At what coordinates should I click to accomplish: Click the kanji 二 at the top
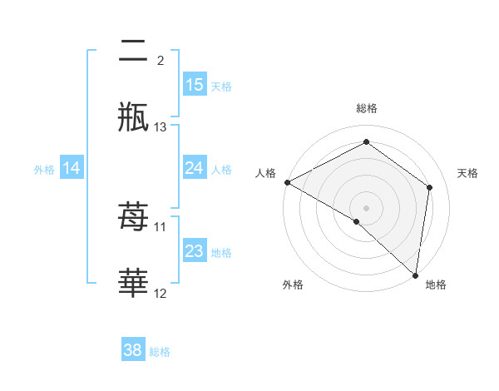(x=133, y=52)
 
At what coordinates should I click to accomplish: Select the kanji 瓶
(x=133, y=117)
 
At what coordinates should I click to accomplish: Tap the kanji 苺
(x=133, y=217)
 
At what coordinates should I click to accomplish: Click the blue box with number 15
(x=194, y=85)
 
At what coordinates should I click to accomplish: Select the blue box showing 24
(x=194, y=168)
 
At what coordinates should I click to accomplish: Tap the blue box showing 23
(x=194, y=251)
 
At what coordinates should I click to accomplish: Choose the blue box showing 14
(x=72, y=168)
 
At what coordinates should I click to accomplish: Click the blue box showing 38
(x=132, y=350)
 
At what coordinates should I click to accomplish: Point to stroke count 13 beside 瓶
(x=161, y=127)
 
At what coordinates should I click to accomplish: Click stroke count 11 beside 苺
(x=161, y=226)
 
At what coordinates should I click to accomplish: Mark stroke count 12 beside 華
(x=161, y=294)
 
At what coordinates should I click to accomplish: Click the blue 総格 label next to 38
(x=161, y=352)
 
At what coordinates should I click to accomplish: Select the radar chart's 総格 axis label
(x=366, y=109)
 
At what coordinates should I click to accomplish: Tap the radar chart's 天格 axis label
(x=467, y=173)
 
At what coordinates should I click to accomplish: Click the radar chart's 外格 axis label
(x=293, y=285)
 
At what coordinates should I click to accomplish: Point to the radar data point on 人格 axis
(x=286, y=182)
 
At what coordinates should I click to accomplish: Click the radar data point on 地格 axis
(x=415, y=275)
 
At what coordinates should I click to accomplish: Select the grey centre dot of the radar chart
(x=366, y=207)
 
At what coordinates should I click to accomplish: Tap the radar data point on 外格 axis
(x=357, y=221)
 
